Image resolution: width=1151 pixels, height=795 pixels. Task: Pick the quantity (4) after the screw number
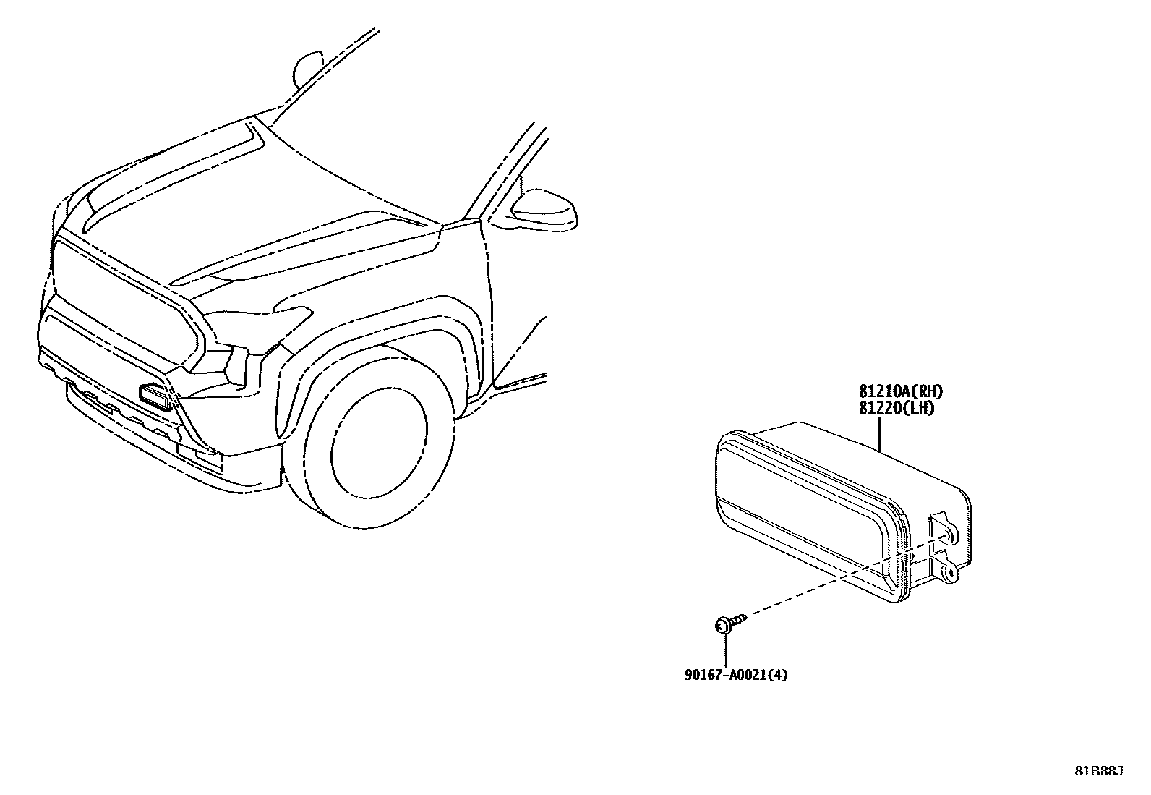779,675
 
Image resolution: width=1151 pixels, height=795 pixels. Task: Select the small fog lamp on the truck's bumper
155,397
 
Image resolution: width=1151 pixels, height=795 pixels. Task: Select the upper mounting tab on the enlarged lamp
941,527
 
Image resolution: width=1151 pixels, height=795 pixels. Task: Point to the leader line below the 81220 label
879,434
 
